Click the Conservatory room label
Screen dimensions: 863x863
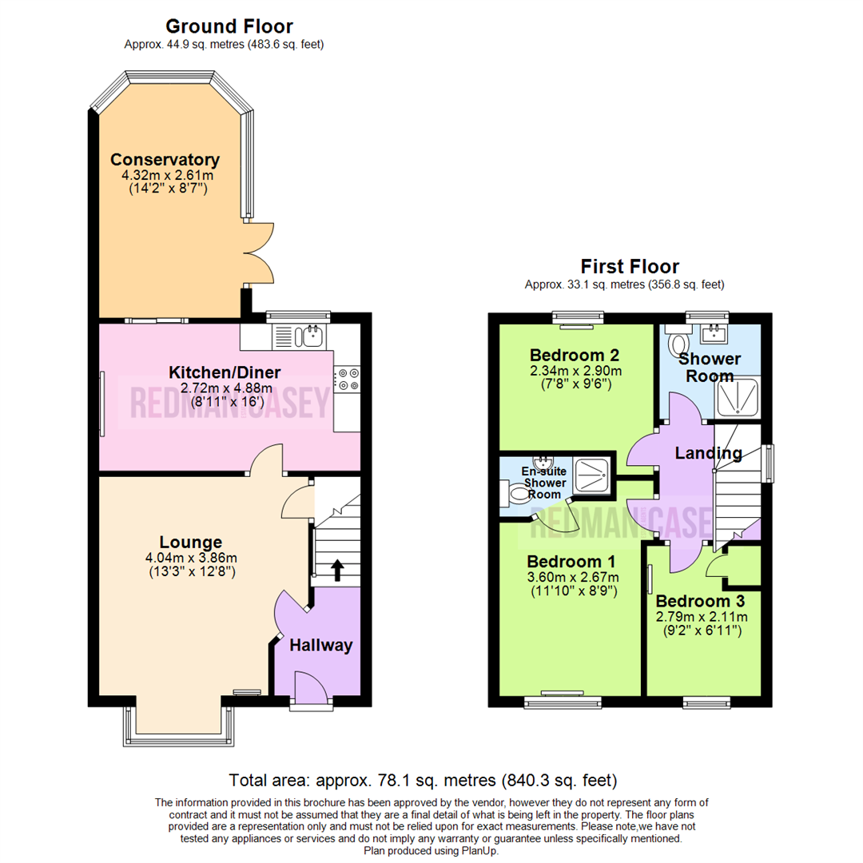coord(165,159)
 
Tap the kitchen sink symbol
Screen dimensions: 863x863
coord(312,336)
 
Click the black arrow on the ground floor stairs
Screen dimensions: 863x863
coord(336,570)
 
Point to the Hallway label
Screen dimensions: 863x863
coord(320,646)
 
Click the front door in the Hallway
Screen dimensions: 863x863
coord(310,689)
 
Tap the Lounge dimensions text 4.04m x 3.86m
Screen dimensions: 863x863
coord(191,559)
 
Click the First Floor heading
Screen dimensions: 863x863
coord(630,266)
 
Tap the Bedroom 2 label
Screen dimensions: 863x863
coord(575,355)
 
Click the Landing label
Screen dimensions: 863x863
coord(708,454)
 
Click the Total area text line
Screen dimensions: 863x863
coord(424,780)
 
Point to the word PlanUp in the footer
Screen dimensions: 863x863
coord(481,852)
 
